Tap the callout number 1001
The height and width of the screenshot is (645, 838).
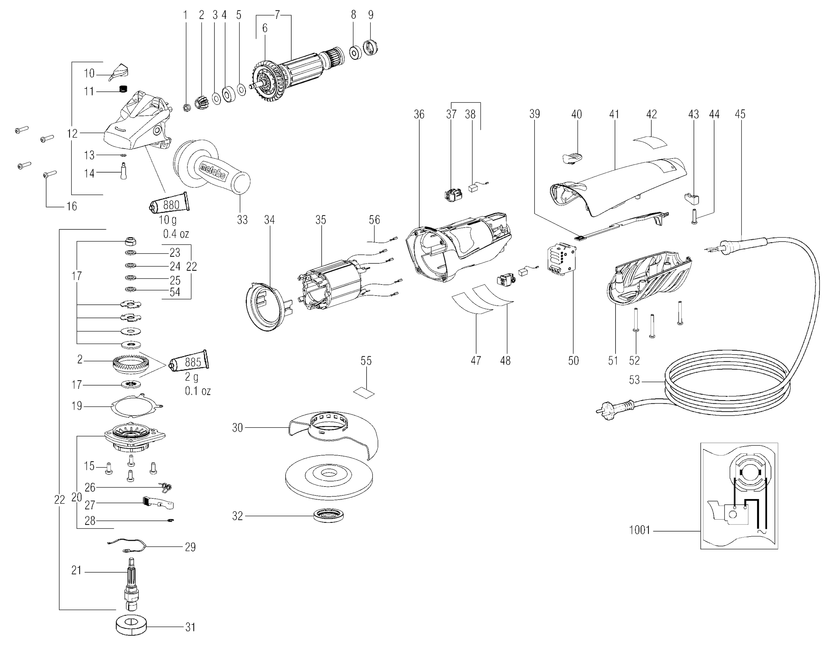[640, 530]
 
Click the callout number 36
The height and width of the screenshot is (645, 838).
[419, 114]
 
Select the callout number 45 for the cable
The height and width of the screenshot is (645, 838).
[740, 114]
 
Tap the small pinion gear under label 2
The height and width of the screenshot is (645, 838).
[201, 103]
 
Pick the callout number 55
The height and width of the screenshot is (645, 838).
[366, 361]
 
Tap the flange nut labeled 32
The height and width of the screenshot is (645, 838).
[329, 516]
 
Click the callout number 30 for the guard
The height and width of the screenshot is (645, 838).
[237, 427]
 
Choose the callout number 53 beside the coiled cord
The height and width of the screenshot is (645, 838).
[634, 380]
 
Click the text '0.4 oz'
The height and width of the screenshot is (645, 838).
[176, 233]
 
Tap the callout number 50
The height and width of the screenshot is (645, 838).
[573, 361]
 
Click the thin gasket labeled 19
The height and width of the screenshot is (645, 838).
[137, 405]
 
